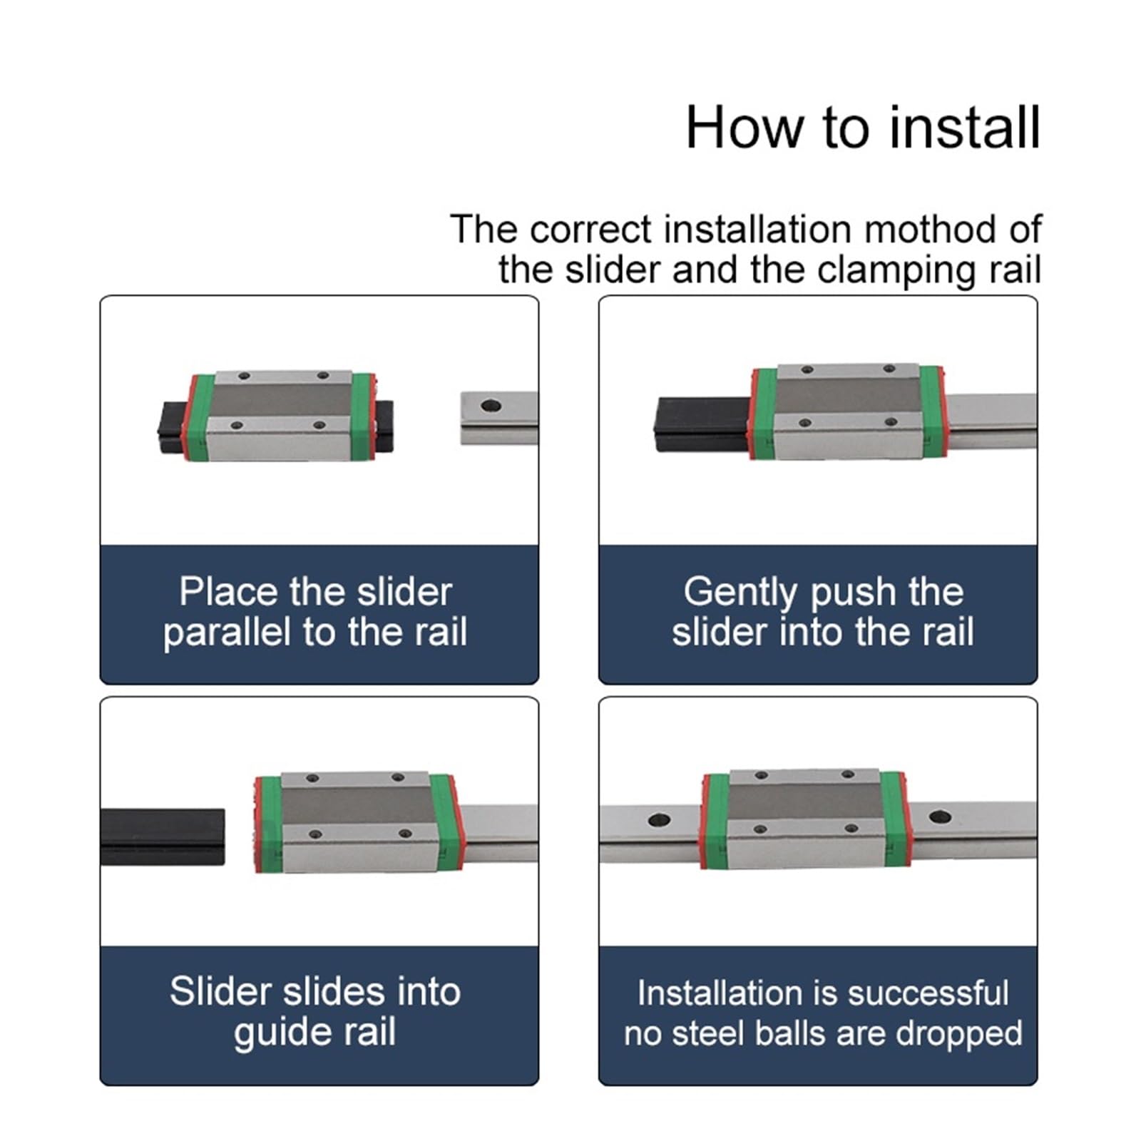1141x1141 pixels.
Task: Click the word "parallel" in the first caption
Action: coord(229,633)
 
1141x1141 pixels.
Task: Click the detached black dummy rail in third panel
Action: coord(163,836)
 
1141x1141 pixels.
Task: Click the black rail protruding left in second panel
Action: coord(702,424)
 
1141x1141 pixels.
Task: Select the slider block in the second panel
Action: coord(846,411)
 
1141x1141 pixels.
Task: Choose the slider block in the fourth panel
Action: coord(806,819)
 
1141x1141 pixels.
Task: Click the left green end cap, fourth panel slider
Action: coord(716,820)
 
